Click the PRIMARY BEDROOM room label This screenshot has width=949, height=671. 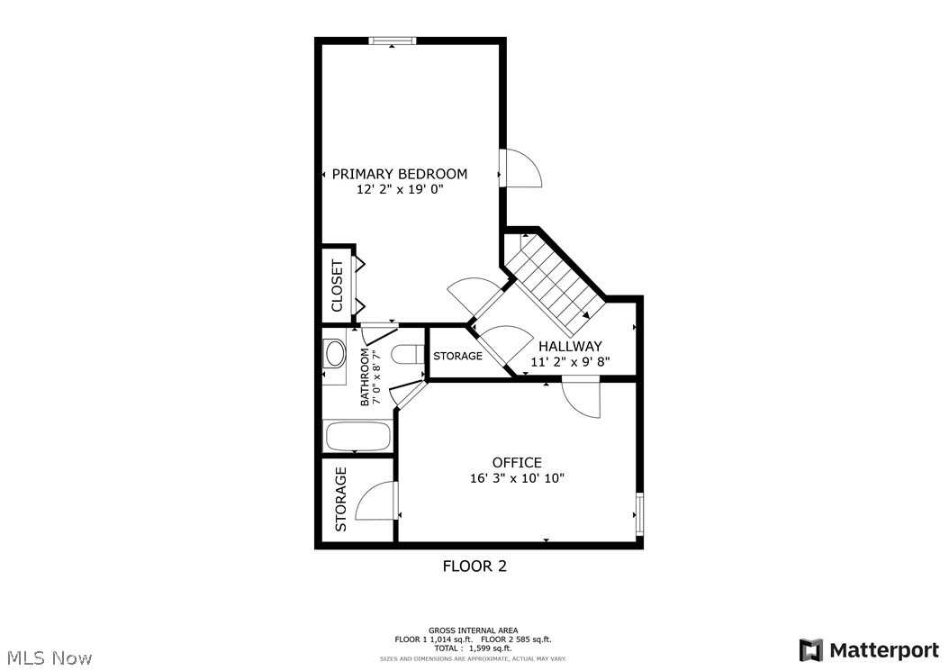pos(400,174)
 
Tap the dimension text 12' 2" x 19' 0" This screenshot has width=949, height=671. pos(400,190)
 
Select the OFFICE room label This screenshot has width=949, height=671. pos(517,463)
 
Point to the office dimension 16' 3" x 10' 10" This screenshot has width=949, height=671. pos(517,479)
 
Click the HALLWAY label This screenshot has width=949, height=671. pos(570,346)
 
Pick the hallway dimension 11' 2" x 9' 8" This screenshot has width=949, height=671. pos(570,362)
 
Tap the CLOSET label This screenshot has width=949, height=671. pos(338,286)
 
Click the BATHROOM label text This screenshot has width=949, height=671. pos(366,377)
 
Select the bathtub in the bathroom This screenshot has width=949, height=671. pos(357,437)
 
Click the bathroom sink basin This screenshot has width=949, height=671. pos(335,353)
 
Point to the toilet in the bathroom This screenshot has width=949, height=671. pos(407,355)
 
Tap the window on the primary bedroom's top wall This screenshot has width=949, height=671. pos(393,40)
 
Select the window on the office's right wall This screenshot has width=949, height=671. pos(639,513)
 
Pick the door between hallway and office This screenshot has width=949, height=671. pos(582,396)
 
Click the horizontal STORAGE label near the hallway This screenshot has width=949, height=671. pos(457,356)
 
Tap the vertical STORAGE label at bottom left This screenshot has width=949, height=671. pos(341,499)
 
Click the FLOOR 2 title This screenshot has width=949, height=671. pos(474,566)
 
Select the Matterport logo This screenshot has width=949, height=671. pos(869,650)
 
